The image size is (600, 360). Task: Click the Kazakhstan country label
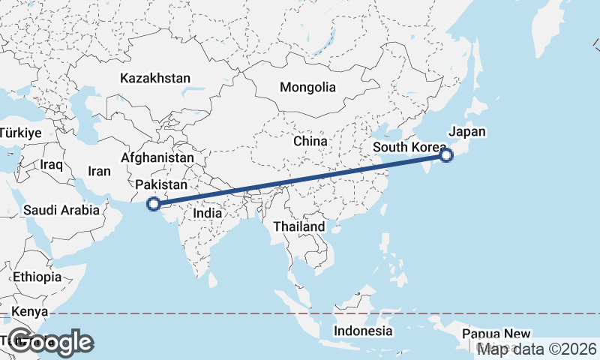155,78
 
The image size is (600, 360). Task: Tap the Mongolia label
307,87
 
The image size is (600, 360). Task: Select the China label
310,141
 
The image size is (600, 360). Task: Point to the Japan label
467,132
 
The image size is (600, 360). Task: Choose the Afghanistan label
157,158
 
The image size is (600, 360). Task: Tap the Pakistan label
161,184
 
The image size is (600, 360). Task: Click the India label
208,213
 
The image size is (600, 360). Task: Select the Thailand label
298,226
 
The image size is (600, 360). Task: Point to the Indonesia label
363,331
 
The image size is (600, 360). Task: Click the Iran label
99,171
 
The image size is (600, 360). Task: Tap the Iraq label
52,164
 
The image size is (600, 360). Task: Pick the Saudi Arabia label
61,210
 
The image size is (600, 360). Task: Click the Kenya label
34,311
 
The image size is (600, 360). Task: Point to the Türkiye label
19,133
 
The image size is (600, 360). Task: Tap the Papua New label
496,334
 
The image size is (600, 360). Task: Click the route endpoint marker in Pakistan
153,203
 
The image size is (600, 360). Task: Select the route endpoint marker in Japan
446,155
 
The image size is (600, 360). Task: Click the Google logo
50,342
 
